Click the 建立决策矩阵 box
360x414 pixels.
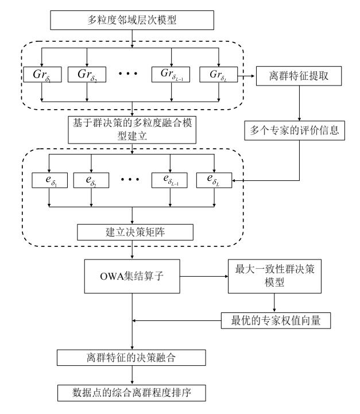coord(133,233)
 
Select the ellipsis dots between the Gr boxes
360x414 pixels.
coord(129,75)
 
